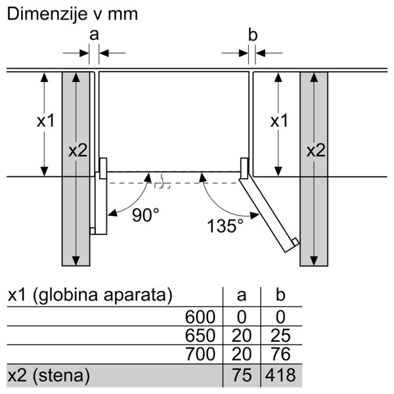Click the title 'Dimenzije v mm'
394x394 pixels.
pos(72,14)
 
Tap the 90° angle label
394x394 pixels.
pos(146,215)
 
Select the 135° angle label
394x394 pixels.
pos(225,226)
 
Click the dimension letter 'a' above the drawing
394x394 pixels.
pos(94,35)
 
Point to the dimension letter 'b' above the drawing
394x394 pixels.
pos(253,35)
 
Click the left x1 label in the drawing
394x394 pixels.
pos(46,121)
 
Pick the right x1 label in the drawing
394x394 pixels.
pos(279,121)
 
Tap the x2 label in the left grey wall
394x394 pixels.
pos(78,151)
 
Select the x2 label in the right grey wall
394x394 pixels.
pos(316,151)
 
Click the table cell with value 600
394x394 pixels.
pos(200,317)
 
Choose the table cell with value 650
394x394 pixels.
pos(200,336)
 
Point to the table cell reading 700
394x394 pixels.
pos(200,354)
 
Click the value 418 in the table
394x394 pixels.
pos(280,376)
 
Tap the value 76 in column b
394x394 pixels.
pos(280,354)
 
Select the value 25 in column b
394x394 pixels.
pos(280,336)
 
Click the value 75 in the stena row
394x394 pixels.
pos(242,376)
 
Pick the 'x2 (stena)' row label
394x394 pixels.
pos(49,376)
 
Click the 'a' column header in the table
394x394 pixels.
pos(242,295)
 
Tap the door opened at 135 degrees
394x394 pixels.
pos(269,215)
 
